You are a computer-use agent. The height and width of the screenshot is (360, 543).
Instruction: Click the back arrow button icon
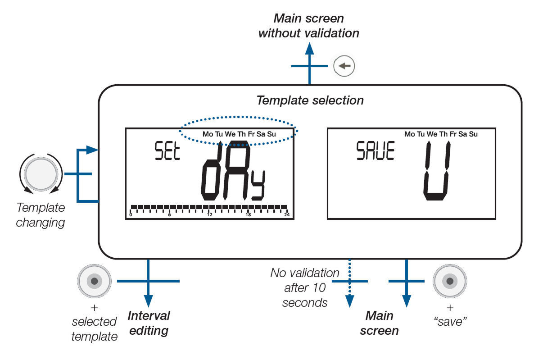344,66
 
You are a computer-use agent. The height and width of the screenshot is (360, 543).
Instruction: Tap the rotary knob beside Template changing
41,173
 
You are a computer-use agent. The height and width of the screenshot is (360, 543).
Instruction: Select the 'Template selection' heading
310,100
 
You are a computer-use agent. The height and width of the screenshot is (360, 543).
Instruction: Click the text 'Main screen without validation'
309,26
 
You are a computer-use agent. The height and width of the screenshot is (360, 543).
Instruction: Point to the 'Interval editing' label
149,323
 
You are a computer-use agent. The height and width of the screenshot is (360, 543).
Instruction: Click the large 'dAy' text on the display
233,173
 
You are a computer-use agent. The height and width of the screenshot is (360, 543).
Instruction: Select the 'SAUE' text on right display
375,151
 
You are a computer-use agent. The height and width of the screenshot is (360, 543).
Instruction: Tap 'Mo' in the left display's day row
208,134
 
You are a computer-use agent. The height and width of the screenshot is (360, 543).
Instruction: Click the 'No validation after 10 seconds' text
305,287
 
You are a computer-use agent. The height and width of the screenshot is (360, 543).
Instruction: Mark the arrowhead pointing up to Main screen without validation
309,48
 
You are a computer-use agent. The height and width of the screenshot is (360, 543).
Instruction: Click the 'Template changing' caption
41,215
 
